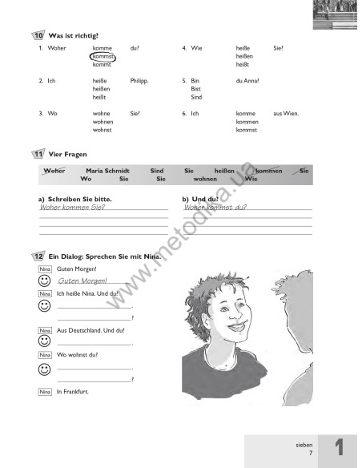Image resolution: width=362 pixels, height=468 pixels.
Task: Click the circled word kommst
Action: pyautogui.click(x=103, y=57)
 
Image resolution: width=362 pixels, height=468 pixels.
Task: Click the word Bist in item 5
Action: pyautogui.click(x=196, y=89)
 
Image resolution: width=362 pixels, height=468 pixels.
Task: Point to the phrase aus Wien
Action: pyautogui.click(x=286, y=114)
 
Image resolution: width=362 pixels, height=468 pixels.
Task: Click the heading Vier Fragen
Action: pyautogui.click(x=67, y=153)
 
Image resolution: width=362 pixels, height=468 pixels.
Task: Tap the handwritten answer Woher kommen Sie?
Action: pyautogui.click(x=72, y=207)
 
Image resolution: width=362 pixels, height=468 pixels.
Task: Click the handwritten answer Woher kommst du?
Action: pyautogui.click(x=215, y=207)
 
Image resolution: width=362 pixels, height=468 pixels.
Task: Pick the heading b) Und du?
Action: pyautogui.click(x=201, y=198)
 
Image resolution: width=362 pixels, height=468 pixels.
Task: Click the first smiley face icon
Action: pyautogui.click(x=44, y=281)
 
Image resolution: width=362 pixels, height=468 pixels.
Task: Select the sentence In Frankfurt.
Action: pyautogui.click(x=73, y=391)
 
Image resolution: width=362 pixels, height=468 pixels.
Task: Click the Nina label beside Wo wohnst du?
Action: pyautogui.click(x=44, y=354)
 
